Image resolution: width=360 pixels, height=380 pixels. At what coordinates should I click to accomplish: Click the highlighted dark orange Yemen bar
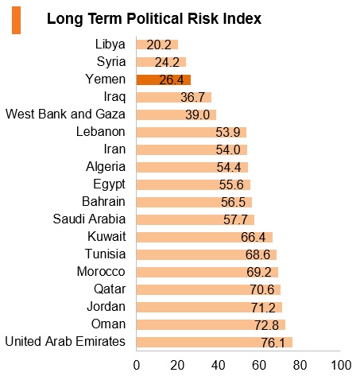pyautogui.click(x=164, y=79)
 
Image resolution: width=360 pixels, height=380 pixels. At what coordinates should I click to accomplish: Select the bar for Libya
pyautogui.click(x=157, y=45)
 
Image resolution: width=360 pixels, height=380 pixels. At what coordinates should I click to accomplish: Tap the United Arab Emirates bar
pyautogui.click(x=215, y=342)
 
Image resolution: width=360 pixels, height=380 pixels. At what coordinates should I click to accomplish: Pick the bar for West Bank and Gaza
pyautogui.click(x=176, y=114)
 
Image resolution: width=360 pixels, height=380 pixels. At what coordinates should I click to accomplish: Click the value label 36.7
pyautogui.click(x=192, y=97)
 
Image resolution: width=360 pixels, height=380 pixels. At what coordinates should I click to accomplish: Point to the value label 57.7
pyautogui.click(x=235, y=219)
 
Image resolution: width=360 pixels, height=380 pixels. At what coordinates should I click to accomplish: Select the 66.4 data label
pyautogui.click(x=253, y=237)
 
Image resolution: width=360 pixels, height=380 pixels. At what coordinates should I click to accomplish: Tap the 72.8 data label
pyautogui.click(x=266, y=325)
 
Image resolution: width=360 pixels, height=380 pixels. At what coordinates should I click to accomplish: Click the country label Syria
pyautogui.click(x=111, y=62)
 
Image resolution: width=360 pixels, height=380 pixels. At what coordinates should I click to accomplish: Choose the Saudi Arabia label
pyautogui.click(x=89, y=219)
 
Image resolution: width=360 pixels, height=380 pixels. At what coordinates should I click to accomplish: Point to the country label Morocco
pyautogui.click(x=101, y=272)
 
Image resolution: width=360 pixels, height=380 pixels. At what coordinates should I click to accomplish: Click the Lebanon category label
pyautogui.click(x=101, y=132)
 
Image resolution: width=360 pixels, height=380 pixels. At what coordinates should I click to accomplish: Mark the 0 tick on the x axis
pyautogui.click(x=137, y=365)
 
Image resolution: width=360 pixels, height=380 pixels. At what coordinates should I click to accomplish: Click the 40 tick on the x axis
pyautogui.click(x=218, y=365)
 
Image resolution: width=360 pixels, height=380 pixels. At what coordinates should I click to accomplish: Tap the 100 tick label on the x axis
pyautogui.click(x=341, y=365)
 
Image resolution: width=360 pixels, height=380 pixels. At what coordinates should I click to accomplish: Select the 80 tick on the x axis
pyautogui.click(x=300, y=365)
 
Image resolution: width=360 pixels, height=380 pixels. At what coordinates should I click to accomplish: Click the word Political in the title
pyautogui.click(x=155, y=19)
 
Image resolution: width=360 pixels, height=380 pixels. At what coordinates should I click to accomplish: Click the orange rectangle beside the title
pyautogui.click(x=16, y=21)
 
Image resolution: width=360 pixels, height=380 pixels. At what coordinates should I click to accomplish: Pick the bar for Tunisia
pyautogui.click(x=207, y=254)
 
